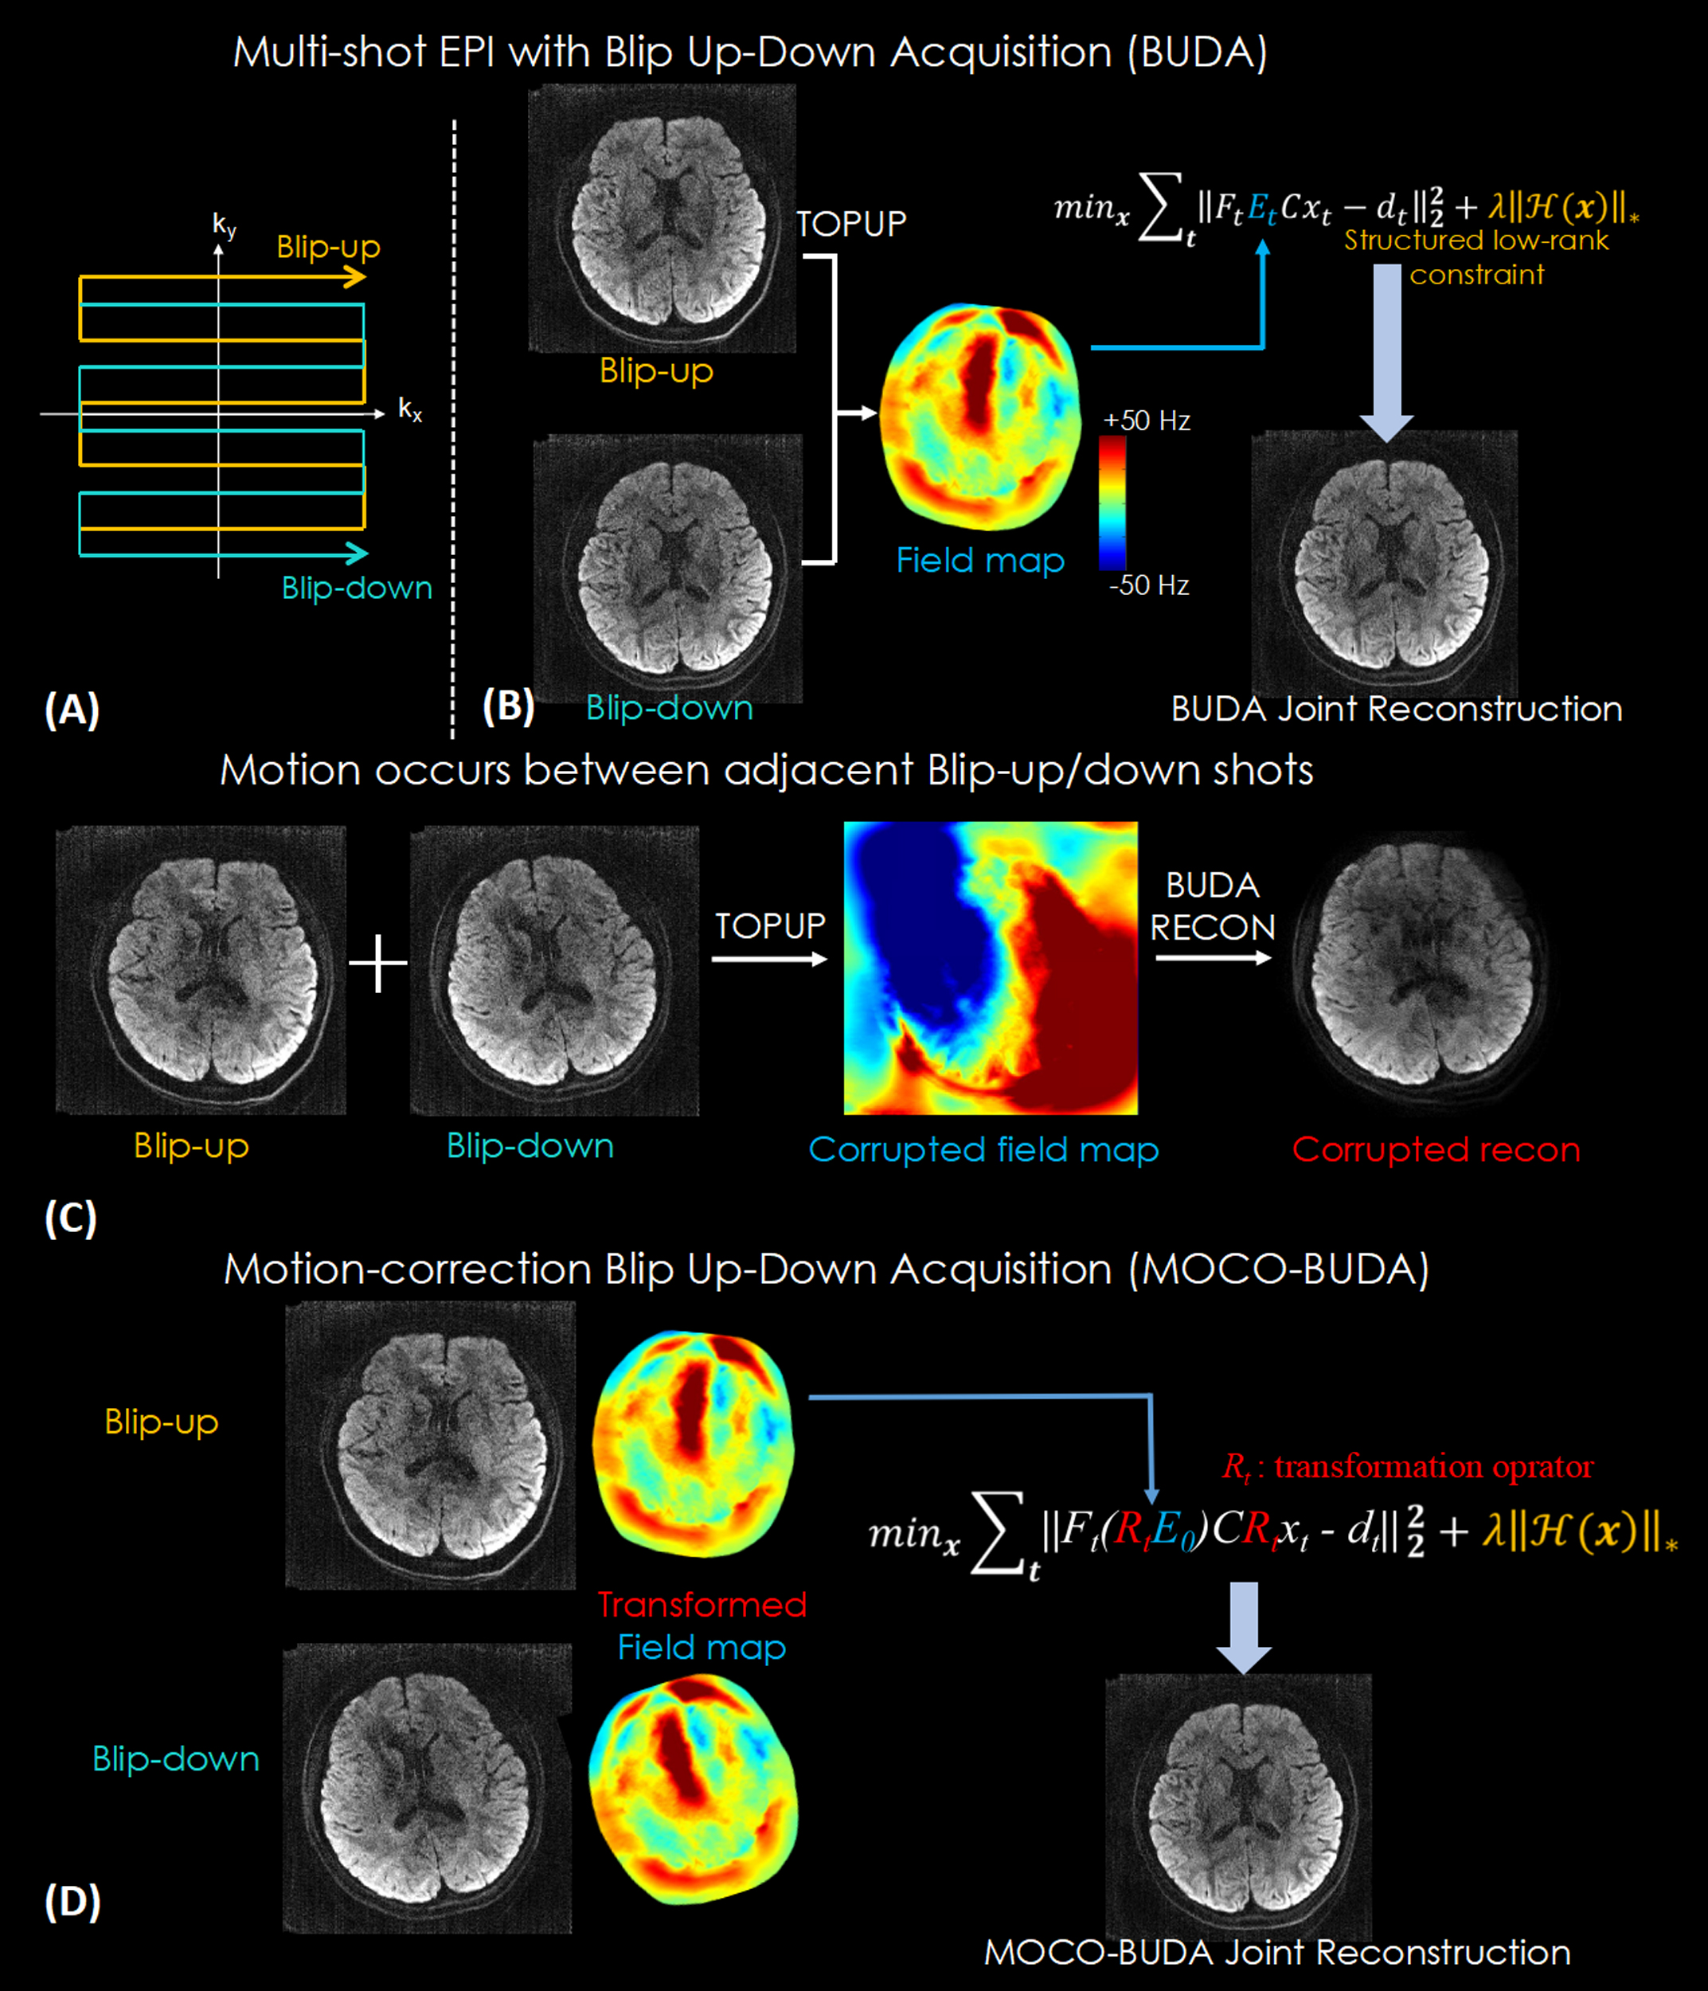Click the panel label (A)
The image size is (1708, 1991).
tap(72, 710)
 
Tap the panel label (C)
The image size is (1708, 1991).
tap(71, 1218)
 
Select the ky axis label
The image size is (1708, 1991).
tap(224, 226)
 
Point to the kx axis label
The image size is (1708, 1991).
tap(410, 410)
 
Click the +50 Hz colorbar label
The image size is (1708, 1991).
tap(1146, 420)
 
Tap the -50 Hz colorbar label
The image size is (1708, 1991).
tap(1149, 585)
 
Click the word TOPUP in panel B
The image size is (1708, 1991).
tap(851, 224)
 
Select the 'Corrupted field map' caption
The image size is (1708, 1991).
tap(983, 1149)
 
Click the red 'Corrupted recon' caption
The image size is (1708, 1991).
tap(1436, 1149)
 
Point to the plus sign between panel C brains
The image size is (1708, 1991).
tap(377, 963)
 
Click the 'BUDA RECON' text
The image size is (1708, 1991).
tap(1212, 906)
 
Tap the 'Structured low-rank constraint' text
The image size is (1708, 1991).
tap(1476, 256)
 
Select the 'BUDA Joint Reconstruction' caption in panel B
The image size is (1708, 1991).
tap(1397, 709)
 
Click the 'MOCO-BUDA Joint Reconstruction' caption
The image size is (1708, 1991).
tap(1278, 1953)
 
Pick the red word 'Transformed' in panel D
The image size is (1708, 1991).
tap(702, 1605)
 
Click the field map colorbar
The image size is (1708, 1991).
tap(1112, 502)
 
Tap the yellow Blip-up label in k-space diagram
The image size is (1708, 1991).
tap(329, 247)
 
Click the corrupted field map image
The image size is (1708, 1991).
tap(991, 968)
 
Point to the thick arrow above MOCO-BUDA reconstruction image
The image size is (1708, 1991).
tap(1244, 1628)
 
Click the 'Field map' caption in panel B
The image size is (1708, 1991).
tap(980, 560)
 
